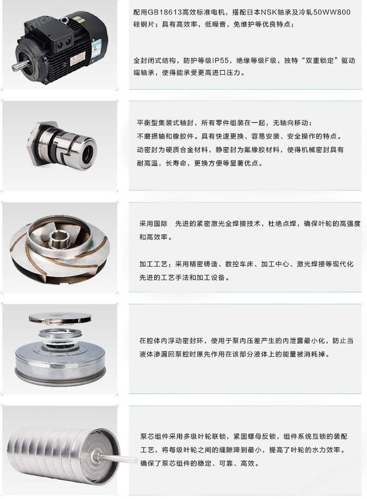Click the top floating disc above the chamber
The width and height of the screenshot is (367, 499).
click(x=60, y=318)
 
